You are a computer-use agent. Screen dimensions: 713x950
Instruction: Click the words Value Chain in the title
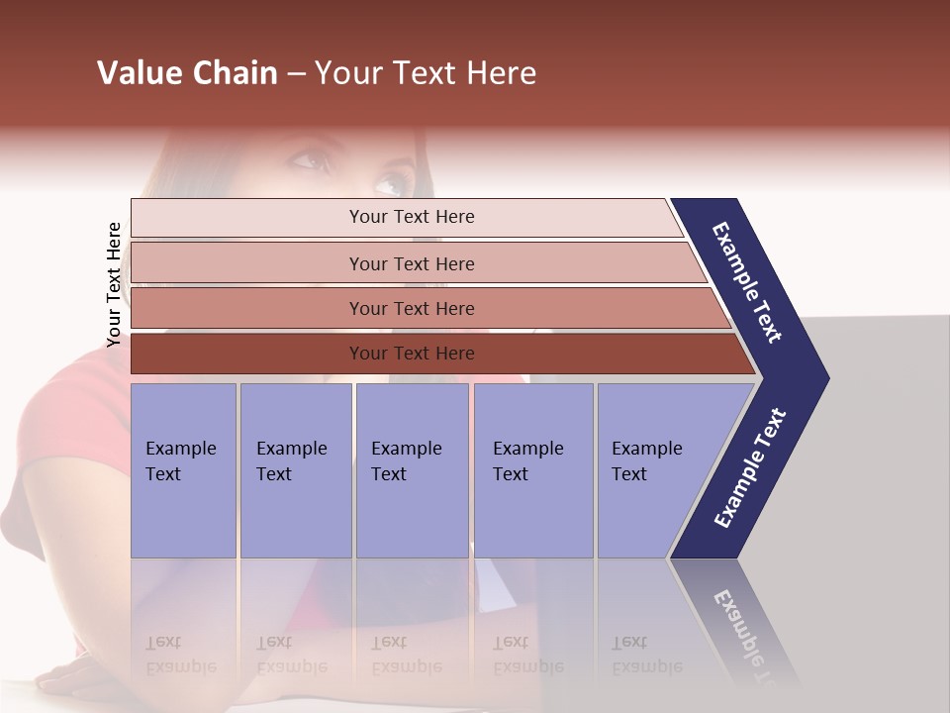pos(187,73)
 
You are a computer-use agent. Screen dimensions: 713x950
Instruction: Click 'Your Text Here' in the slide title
pos(426,73)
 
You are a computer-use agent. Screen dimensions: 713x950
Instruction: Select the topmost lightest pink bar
pos(411,217)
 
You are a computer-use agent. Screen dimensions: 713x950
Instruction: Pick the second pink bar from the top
pos(411,263)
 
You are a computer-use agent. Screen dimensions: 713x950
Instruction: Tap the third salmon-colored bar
pos(411,308)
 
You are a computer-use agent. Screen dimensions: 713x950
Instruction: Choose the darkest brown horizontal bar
pos(411,354)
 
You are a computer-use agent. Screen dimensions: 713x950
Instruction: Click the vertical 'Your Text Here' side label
pos(114,284)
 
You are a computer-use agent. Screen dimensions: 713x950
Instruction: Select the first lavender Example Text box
pos(183,469)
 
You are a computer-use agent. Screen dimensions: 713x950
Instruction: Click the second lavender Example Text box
pos(295,469)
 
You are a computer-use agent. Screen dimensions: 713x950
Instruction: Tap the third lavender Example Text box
pos(412,469)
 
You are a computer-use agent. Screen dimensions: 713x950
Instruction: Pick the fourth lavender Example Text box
pos(532,469)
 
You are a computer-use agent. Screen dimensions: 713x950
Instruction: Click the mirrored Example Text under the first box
pos(180,655)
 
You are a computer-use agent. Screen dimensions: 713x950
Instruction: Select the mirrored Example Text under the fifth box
pos(646,655)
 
